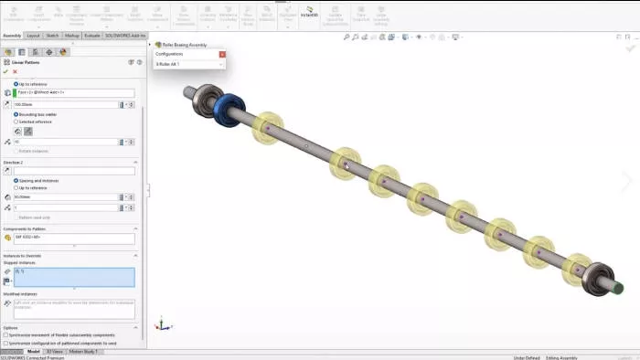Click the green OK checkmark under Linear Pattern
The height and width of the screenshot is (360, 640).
tap(5, 71)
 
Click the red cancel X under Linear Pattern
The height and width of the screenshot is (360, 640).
tap(15, 71)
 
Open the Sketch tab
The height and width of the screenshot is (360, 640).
tap(53, 36)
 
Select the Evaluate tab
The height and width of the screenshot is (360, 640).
tap(92, 36)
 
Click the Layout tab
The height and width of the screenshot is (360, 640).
tap(33, 36)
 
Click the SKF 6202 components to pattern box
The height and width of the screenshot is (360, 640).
tap(73, 237)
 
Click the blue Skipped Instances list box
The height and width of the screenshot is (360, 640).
tap(74, 277)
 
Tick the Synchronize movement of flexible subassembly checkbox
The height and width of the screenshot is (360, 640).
tap(5, 334)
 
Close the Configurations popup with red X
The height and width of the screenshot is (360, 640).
tap(221, 54)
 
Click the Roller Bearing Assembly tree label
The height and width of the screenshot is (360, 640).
tap(186, 44)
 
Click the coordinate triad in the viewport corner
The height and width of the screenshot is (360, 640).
tap(161, 323)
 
